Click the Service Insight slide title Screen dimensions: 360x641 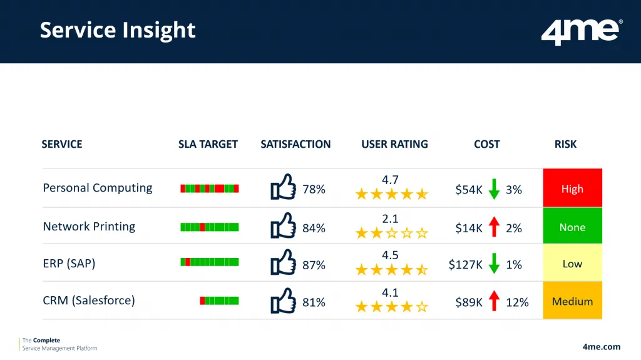[x=118, y=30]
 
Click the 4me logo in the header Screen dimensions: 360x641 [x=582, y=31]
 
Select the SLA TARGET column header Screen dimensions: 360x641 [x=208, y=144]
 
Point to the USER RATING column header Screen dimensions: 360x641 [x=394, y=144]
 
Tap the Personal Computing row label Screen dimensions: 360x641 [x=97, y=188]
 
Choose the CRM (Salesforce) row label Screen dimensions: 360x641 [x=88, y=301]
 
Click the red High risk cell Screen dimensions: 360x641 [x=572, y=188]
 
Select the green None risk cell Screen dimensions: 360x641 [x=572, y=227]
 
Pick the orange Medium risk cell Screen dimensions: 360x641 [x=572, y=301]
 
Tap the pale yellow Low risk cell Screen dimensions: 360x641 [x=572, y=264]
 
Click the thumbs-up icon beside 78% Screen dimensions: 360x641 [x=283, y=187]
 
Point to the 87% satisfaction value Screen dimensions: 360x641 [x=314, y=265]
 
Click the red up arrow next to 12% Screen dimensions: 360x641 [x=494, y=301]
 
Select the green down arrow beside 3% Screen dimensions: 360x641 [x=494, y=188]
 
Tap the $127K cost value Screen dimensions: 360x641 [x=465, y=265]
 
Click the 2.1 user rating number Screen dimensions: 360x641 [x=391, y=219]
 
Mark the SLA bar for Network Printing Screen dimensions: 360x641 [x=209, y=227]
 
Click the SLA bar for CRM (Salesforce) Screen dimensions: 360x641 [x=219, y=301]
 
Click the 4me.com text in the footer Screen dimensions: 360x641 [x=601, y=346]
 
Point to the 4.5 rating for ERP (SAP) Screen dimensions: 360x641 [x=391, y=255]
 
